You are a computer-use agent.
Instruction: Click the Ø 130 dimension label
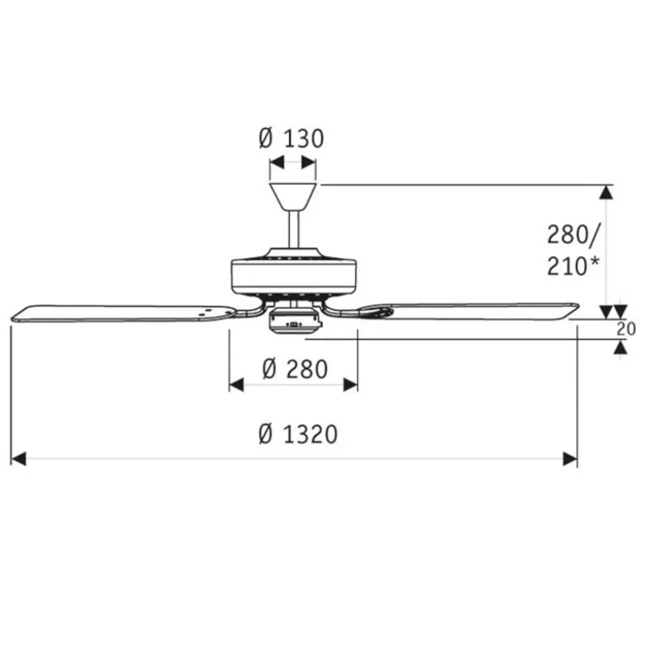pos(291,139)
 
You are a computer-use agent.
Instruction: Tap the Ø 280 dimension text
pos(295,369)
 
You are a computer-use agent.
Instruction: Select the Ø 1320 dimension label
pos(298,434)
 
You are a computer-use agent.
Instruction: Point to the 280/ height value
pos(574,236)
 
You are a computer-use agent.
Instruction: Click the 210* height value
pos(573,266)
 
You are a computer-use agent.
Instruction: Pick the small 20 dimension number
pos(626,329)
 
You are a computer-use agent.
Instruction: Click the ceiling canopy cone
pos(293,197)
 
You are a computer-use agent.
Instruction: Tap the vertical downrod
pos(293,229)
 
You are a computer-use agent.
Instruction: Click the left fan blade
pos(124,313)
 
